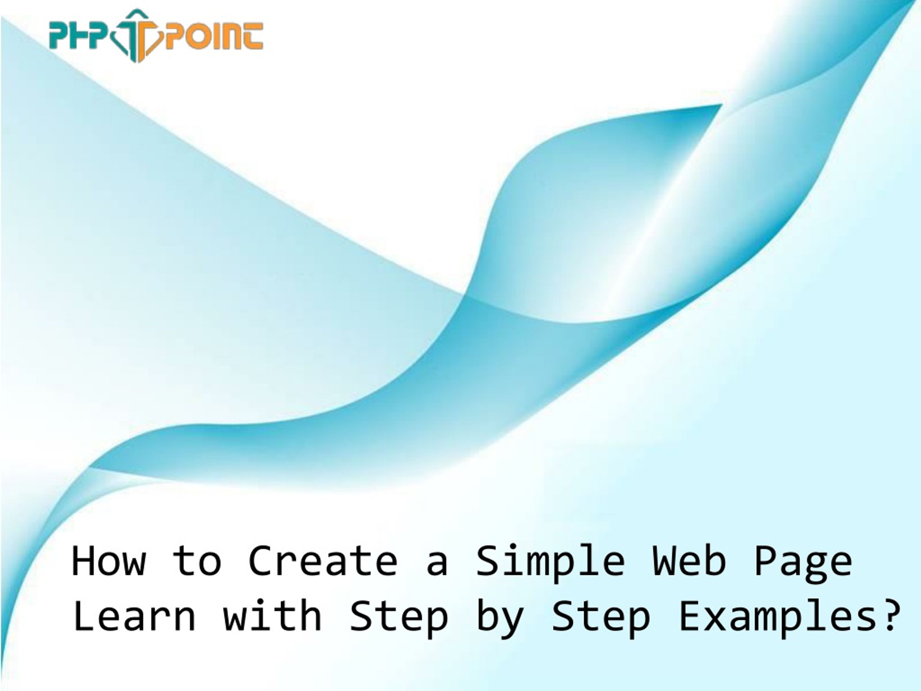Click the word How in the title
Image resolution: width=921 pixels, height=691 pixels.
tap(109, 561)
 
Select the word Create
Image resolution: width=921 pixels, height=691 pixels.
tap(323, 561)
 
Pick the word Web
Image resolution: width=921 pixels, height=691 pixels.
tap(689, 560)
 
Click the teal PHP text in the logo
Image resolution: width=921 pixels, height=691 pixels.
tap(80, 36)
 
